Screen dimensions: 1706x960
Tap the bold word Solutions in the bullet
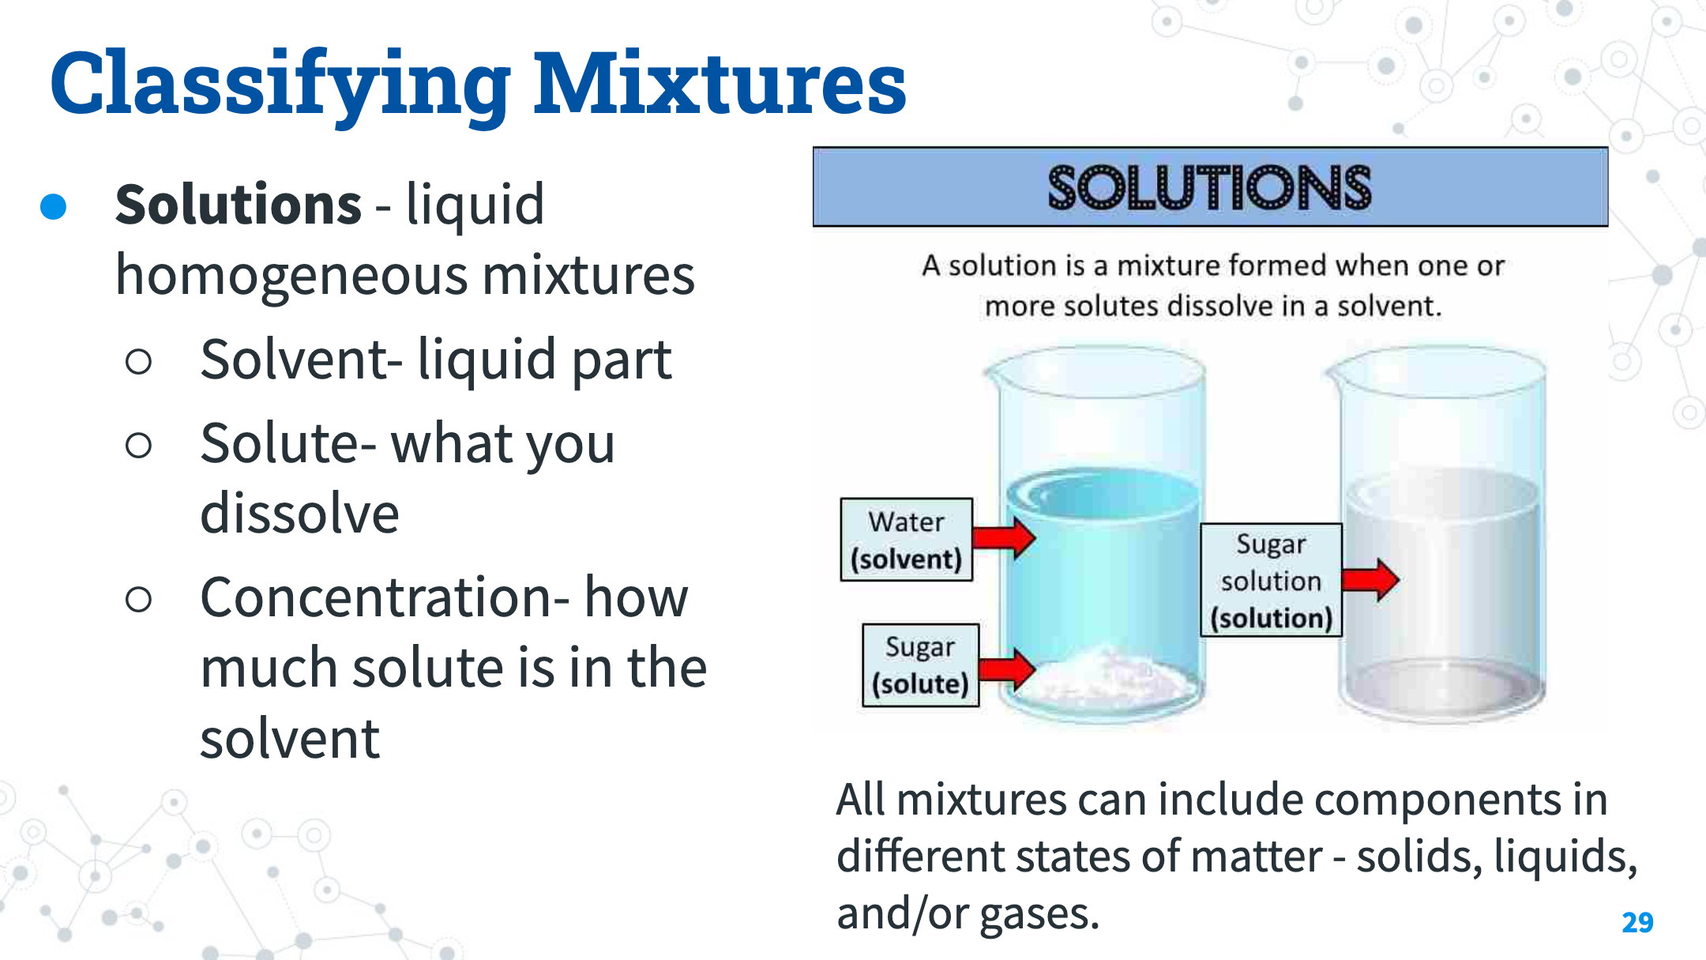point(239,204)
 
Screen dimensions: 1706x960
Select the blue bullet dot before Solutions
point(53,206)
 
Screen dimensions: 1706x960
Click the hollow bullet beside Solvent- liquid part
point(138,362)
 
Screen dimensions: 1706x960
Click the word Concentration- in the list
point(385,597)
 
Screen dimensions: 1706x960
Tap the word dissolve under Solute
point(299,514)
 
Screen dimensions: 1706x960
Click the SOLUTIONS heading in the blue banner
point(1210,187)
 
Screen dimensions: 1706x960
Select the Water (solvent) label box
point(906,540)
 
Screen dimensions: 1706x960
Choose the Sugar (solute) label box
point(920,664)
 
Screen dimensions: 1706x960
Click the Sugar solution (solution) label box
point(1271,580)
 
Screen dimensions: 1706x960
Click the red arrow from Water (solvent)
point(1004,537)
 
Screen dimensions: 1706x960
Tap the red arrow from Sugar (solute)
point(1007,669)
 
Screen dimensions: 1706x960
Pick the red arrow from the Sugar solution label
point(1370,580)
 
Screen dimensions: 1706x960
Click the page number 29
point(1637,922)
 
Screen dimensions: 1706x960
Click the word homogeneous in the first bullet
point(291,277)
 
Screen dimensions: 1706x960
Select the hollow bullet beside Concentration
point(138,600)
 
